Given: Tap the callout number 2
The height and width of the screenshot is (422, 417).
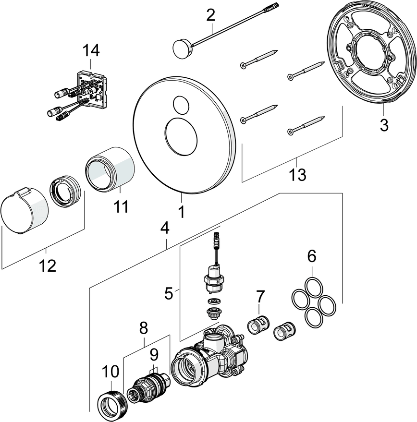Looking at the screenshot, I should tap(210, 15).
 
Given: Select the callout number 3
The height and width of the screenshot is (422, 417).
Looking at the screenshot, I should tap(384, 126).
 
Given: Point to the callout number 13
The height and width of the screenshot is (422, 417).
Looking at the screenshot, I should tap(297, 175).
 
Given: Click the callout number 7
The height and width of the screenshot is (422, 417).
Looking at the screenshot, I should tap(260, 296).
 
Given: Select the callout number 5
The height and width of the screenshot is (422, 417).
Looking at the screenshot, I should tap(169, 292).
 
